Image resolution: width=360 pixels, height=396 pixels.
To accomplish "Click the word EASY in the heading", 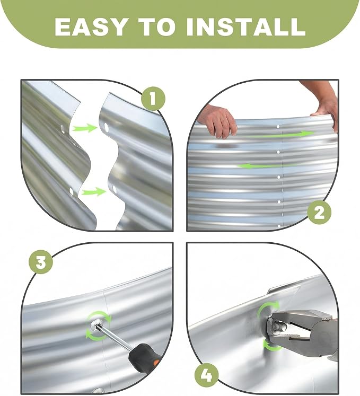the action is pos(90,27).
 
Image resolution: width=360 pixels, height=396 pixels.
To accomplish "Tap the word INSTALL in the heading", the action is pos(246,27).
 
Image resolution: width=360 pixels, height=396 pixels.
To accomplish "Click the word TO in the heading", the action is pos(156,27).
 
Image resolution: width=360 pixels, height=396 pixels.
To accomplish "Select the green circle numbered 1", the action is pos(153,98).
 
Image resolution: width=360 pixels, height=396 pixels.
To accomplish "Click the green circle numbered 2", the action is pos(319,213).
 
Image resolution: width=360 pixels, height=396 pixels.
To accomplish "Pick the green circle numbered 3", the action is pos(41,262).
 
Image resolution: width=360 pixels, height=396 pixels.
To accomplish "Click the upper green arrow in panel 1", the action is pos(85,128).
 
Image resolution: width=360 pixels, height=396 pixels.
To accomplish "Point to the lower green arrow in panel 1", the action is pos(93,192).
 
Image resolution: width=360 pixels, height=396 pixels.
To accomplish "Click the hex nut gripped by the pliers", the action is pos(273,327).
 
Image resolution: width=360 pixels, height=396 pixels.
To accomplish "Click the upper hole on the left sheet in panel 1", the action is pos(63,129).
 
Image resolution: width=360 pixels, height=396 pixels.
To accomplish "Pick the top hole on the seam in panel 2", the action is pos(278,126).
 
